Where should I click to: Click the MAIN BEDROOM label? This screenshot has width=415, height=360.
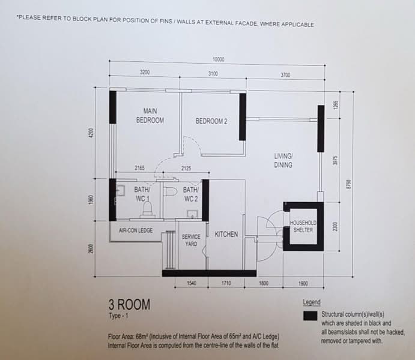tap(150, 115)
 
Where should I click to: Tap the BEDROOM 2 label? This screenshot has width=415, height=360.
tap(211, 121)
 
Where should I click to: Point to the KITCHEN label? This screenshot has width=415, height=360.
tap(226, 234)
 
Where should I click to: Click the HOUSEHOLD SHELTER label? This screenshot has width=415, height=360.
tap(303, 226)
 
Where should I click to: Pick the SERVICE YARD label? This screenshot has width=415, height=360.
tap(191, 240)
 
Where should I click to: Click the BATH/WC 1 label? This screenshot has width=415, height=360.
tap(142, 193)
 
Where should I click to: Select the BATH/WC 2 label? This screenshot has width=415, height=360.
tap(190, 194)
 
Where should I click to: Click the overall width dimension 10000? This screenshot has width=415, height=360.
tap(218, 59)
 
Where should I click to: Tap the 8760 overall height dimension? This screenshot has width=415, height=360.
tap(347, 183)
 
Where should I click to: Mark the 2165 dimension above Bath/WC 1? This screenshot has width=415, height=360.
tap(140, 169)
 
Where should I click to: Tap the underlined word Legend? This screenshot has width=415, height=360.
tap(312, 302)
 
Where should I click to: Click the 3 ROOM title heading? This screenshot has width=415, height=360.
tap(129, 305)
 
